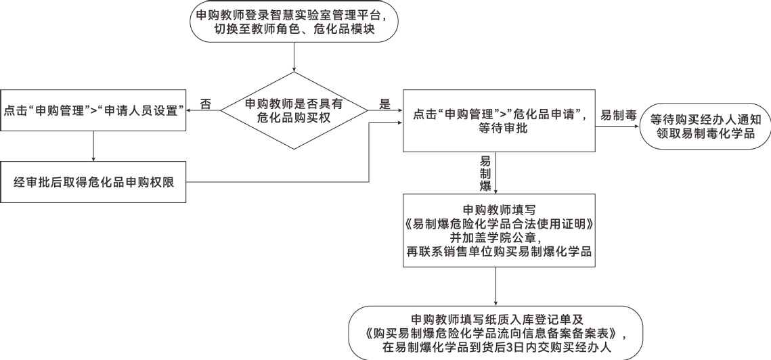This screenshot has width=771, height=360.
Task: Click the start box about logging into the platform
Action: pos(294,24)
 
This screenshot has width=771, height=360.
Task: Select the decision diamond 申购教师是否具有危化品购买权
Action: pos(294,111)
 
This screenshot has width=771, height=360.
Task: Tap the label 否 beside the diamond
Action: pos(206,104)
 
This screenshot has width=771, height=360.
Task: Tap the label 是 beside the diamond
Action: pos(385,104)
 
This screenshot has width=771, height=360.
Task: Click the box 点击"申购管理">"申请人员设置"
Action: pos(93,111)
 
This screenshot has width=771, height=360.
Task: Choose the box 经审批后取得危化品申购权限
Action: pos(93,181)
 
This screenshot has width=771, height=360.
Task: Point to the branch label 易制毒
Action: pos(619,116)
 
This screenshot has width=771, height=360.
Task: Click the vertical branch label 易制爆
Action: pos(485,173)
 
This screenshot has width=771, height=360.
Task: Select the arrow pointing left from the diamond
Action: pos(203,111)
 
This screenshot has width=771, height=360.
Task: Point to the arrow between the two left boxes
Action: pos(93,146)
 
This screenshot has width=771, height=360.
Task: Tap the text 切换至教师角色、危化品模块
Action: pos(294,30)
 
